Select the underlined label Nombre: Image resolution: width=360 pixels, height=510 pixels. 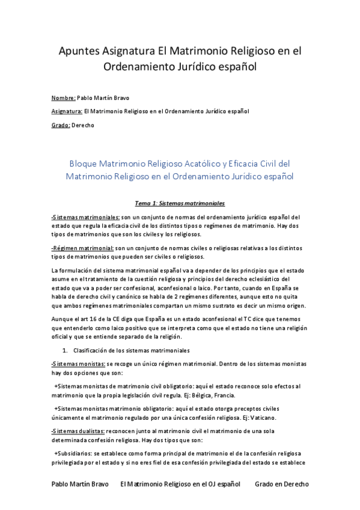[64, 97]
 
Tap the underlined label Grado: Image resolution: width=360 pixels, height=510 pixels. [61, 125]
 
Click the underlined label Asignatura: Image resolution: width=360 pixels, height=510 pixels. [67, 111]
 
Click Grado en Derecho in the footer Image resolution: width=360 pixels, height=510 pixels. [281, 484]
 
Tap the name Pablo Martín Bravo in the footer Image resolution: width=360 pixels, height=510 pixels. [81, 484]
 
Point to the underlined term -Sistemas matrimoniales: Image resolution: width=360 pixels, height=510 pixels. [85, 217]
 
